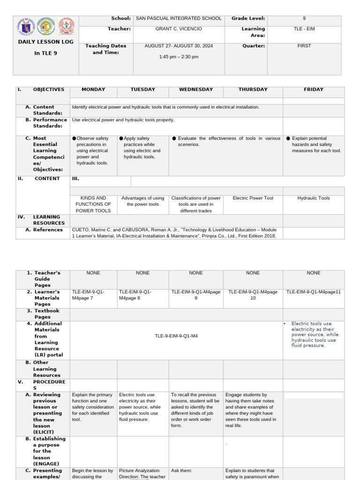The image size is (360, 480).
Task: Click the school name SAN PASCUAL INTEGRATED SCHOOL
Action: point(179,19)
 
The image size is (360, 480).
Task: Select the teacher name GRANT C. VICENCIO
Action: point(179,29)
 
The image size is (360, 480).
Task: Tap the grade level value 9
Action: point(304,19)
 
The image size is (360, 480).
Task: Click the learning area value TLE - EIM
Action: point(304,29)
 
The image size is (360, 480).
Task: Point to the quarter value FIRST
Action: point(304,46)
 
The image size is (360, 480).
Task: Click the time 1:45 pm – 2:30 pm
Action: point(179,57)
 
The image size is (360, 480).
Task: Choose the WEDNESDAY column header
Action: point(196,90)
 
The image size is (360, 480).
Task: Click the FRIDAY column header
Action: point(314,90)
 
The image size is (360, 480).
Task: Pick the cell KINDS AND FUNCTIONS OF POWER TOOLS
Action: point(93,204)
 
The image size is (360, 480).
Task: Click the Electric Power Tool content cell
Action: point(253,198)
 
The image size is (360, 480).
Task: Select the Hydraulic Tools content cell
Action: point(314,198)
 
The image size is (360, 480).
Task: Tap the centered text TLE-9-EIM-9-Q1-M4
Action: point(176,336)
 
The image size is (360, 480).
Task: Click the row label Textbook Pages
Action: point(46,314)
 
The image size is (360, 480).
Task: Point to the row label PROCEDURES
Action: point(46,384)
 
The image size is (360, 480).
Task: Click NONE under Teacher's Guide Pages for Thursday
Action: point(253,273)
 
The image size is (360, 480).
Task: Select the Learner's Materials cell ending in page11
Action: point(314,292)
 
